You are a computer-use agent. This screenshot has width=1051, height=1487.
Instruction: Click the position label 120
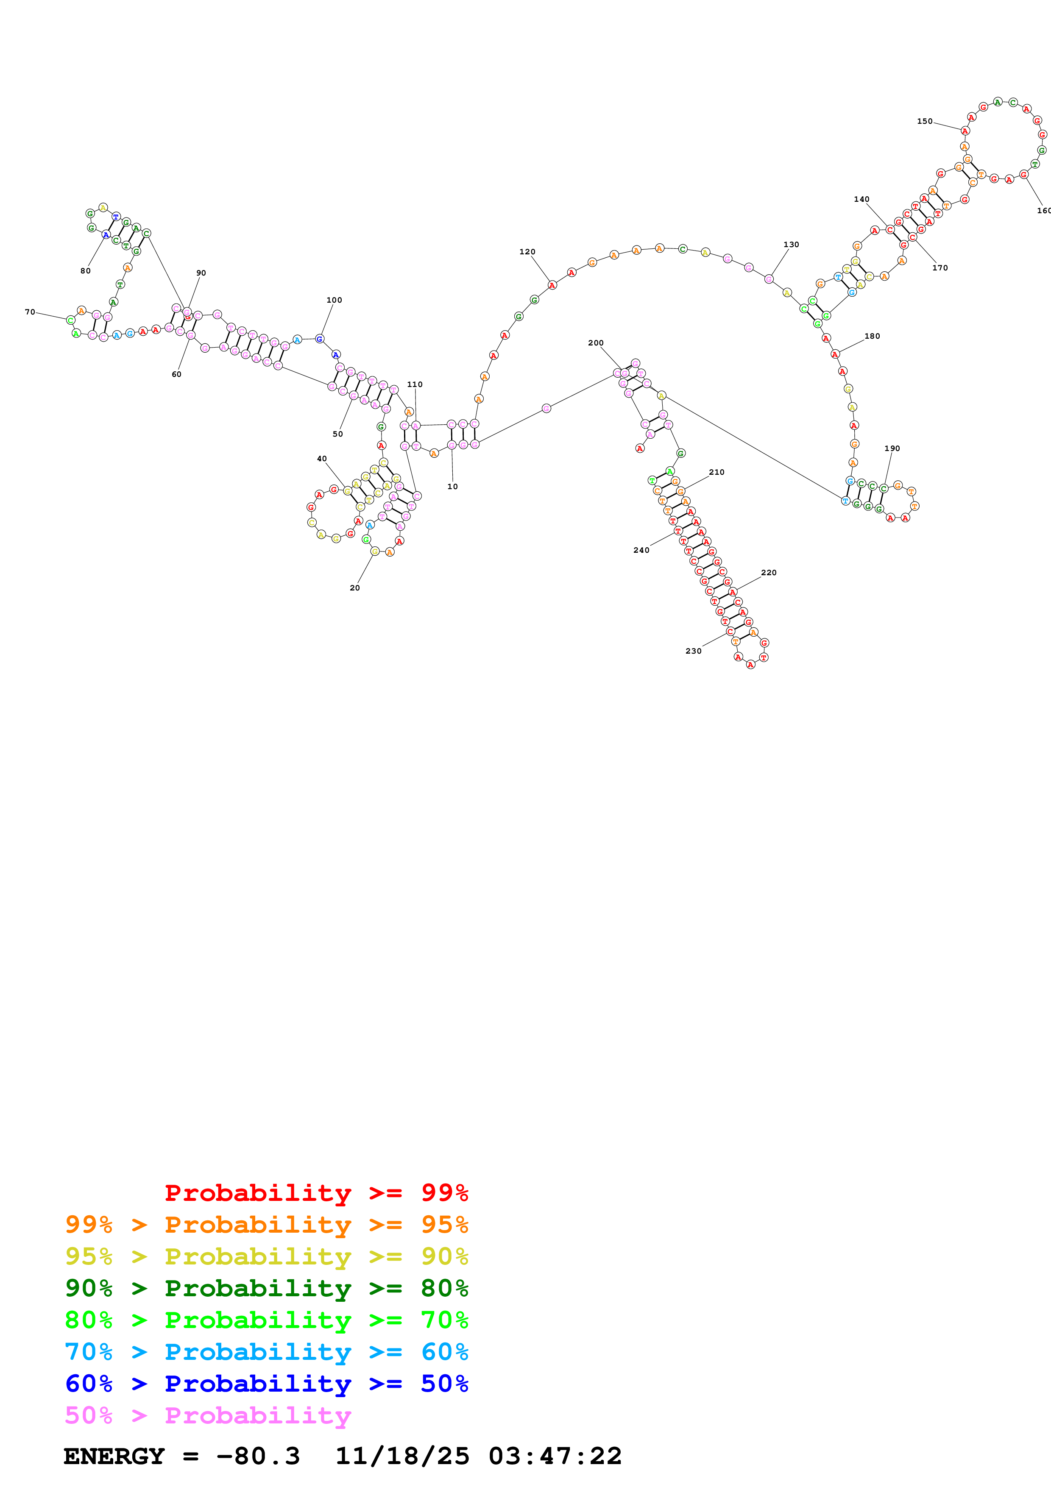tap(527, 252)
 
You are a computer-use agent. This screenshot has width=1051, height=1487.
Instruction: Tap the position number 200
tap(596, 343)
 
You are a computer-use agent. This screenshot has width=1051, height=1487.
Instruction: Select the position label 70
tap(30, 312)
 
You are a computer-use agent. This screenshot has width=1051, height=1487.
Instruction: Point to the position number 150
tap(925, 121)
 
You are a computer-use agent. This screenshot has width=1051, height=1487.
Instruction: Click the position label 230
tap(694, 651)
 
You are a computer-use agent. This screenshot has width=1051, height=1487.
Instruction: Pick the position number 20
tap(355, 588)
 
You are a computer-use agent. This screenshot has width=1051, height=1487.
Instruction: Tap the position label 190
tap(892, 448)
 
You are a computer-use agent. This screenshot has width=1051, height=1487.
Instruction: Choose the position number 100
tap(334, 300)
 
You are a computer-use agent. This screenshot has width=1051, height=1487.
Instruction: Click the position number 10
tap(453, 486)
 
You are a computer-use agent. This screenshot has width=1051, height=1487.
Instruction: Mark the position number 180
tap(872, 336)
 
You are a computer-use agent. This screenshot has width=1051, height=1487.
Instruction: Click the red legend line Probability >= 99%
tap(316, 1192)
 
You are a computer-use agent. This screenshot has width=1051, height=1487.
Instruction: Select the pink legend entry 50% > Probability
tap(208, 1415)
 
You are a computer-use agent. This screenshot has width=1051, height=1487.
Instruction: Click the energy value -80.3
tap(258, 1456)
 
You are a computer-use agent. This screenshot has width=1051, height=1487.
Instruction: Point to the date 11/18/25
tap(402, 1456)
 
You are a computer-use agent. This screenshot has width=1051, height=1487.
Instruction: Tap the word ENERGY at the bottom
tap(114, 1456)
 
